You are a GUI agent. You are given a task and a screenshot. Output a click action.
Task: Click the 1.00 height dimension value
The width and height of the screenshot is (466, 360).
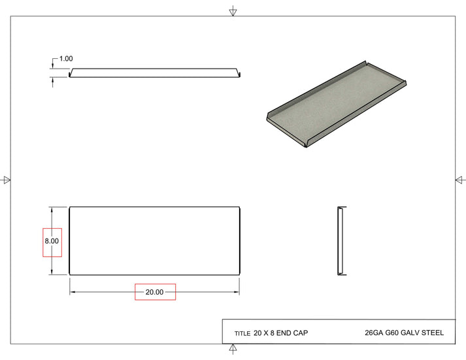point(66,59)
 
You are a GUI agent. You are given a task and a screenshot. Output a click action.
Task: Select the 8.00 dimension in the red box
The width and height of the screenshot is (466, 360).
point(52,241)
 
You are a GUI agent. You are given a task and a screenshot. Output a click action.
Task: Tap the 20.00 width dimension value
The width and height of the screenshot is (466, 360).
point(155,292)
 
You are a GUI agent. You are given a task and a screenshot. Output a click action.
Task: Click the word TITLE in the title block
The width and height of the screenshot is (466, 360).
point(242,334)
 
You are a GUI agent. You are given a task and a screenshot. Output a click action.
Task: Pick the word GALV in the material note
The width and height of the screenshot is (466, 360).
point(410,333)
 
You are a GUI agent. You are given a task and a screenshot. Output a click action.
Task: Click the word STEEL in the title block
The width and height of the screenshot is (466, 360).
point(433,333)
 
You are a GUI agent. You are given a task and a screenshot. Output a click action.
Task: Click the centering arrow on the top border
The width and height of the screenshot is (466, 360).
point(233,12)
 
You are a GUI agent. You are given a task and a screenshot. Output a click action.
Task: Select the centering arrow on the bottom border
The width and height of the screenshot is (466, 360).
point(233,349)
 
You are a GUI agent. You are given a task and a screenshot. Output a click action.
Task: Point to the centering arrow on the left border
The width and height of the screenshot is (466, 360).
point(7,180)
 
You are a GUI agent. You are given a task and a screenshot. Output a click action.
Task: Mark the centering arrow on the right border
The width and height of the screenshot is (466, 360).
point(460,180)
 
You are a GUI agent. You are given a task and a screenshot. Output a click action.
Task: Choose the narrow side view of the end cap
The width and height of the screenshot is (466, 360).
point(341,241)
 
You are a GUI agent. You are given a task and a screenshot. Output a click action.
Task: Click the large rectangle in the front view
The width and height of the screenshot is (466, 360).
point(155,241)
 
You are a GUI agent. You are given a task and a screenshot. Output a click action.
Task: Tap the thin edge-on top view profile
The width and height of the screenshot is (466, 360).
point(155,73)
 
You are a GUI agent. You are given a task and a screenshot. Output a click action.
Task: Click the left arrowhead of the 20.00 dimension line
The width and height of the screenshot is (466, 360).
point(73,292)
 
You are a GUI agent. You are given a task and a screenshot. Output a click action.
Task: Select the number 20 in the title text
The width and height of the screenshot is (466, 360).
point(258,333)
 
